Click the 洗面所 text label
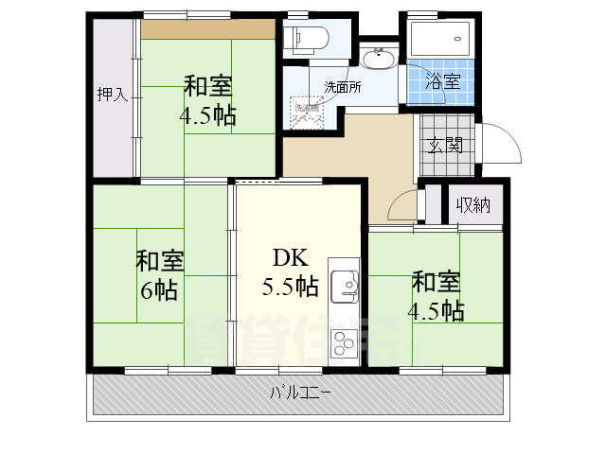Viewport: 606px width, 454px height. click(343, 87)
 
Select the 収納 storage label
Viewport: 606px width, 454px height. click(473, 205)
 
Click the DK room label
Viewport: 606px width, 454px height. click(290, 257)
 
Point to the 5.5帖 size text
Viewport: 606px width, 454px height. click(291, 286)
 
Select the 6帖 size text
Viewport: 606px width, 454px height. click(159, 289)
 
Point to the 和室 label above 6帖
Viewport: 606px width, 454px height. click(159, 260)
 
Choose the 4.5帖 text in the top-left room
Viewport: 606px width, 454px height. click(207, 116)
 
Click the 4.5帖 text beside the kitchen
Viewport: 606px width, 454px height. click(437, 309)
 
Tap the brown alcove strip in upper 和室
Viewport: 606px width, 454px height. click(208, 29)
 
